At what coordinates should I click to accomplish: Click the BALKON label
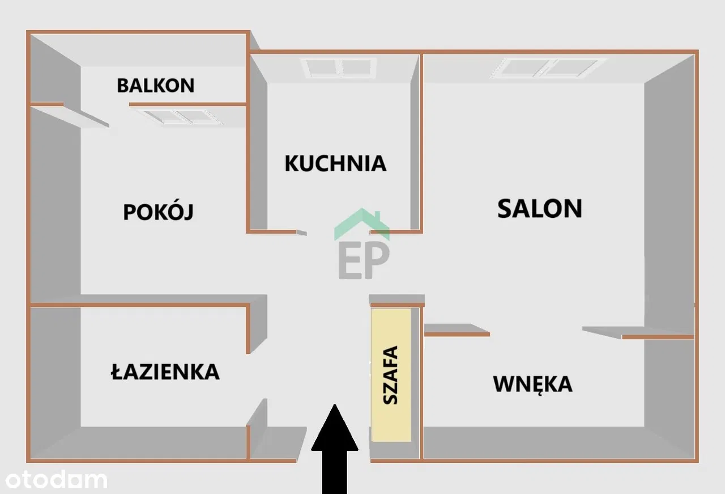coord(155,85)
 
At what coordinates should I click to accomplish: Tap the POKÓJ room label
coord(158,212)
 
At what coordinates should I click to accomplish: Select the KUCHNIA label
coord(335,163)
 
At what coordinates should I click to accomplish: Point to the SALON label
coord(539,208)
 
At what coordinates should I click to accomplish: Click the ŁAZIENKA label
coord(164,371)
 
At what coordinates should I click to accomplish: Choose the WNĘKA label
coord(532,384)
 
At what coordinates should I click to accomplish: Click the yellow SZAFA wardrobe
coord(391,374)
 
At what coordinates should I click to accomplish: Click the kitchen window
coord(340,67)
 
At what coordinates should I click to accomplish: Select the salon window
coord(548,67)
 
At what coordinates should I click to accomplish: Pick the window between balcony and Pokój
coord(180,116)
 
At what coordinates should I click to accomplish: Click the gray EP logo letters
coord(364,260)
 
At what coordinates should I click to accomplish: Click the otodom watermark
coord(54,480)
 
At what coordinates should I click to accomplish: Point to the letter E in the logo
coord(349,261)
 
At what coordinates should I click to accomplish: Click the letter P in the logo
coord(378,260)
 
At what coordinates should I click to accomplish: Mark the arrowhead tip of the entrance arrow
coord(335,406)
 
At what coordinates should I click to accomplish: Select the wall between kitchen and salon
coord(421,142)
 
